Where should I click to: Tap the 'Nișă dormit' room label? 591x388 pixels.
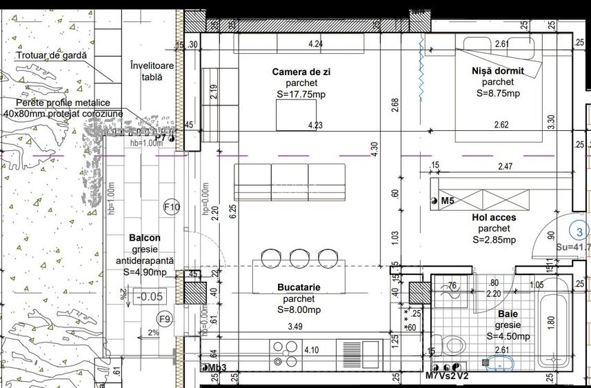[x=498, y=71]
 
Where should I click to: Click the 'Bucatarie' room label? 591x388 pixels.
[x=299, y=287]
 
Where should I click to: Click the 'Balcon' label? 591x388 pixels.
[x=145, y=238]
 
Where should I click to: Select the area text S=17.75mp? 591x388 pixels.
[x=299, y=94]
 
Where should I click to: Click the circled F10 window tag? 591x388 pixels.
[x=171, y=207]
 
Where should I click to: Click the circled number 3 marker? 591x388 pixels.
[x=580, y=232]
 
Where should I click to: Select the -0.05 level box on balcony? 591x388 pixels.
[x=150, y=297]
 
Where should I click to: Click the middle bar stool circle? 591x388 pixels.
[x=299, y=258]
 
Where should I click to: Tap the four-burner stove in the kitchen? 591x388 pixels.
[x=283, y=353]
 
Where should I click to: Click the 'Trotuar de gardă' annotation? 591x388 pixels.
[x=53, y=55]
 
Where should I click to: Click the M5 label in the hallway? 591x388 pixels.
[x=448, y=201]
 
